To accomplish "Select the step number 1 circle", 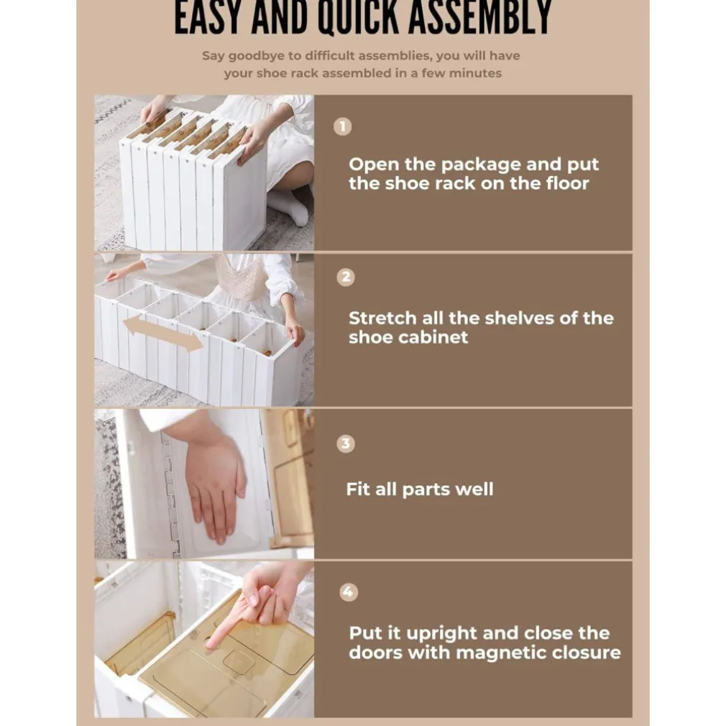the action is coord(343,127).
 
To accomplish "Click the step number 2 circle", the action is coord(346,277).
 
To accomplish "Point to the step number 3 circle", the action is coord(346,444).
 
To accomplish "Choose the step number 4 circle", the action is coord(348,592).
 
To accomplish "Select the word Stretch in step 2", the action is coord(382,318).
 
